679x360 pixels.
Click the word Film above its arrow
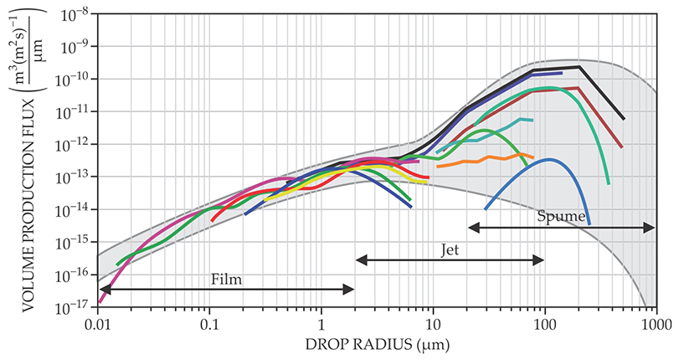226,279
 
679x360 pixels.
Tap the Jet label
450,249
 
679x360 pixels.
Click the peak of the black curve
579,67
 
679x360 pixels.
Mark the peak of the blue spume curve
548,159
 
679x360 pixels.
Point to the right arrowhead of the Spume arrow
652,227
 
